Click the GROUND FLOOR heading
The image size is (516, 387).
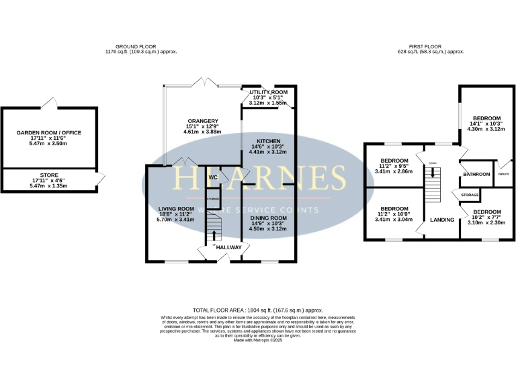click(141, 46)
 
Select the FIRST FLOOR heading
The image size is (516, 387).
click(431, 46)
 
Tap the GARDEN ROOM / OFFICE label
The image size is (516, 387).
click(49, 133)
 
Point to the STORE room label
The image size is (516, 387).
click(49, 175)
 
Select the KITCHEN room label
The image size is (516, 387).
click(267, 141)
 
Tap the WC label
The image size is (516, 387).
click(212, 178)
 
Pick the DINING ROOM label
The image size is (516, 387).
click(268, 218)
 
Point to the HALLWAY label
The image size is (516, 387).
click(229, 247)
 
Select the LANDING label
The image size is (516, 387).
click(442, 220)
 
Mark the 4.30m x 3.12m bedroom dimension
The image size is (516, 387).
click(485, 129)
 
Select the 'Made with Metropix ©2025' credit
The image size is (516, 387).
click(258, 341)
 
